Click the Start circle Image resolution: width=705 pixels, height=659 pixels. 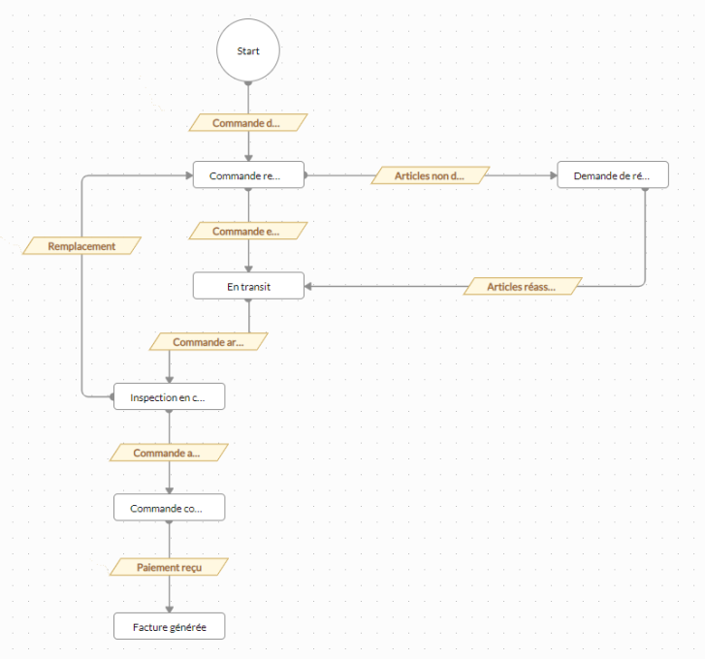[x=248, y=50]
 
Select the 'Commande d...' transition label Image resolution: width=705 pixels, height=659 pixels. [x=247, y=123]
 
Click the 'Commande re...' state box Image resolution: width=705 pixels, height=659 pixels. [x=248, y=176]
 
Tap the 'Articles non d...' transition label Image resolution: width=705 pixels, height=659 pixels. [x=430, y=175]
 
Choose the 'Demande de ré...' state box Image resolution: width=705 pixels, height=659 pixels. [x=613, y=176]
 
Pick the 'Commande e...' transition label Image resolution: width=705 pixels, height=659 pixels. [x=247, y=232]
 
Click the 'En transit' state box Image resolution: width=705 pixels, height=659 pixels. [x=248, y=286]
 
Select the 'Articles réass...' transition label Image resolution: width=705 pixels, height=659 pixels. [x=523, y=287]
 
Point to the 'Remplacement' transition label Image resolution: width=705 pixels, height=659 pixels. [x=81, y=246]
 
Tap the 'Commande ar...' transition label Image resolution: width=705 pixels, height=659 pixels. [x=208, y=342]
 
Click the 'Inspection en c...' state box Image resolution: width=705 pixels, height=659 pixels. [x=170, y=397]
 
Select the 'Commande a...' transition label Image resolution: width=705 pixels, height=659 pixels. [x=169, y=453]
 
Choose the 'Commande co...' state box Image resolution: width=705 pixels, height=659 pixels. [x=170, y=508]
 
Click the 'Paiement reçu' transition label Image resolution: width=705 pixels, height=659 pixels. [x=169, y=566]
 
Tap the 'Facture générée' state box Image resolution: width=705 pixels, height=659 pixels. [x=170, y=627]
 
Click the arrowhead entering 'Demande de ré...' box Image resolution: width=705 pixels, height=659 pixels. [x=553, y=176]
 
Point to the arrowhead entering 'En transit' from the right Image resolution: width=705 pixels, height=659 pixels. [x=309, y=286]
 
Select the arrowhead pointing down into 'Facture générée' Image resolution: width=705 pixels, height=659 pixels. [x=170, y=608]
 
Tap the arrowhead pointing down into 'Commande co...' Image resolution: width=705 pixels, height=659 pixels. [x=170, y=489]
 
